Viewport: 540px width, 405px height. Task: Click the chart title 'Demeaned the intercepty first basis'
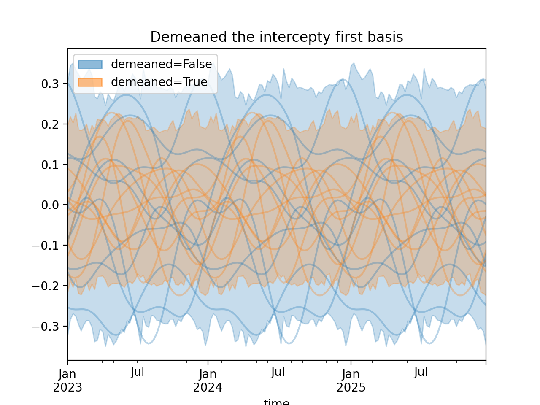[277, 37]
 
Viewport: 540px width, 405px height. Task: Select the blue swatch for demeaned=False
[90, 64]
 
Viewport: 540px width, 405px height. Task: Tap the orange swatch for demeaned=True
[90, 82]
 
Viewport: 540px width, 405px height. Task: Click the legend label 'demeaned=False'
[161, 64]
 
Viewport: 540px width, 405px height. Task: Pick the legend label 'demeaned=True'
[159, 82]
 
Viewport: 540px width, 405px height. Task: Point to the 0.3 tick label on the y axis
[50, 84]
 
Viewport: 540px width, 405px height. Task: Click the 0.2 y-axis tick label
[50, 124]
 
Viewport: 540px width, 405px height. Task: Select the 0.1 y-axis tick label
[50, 165]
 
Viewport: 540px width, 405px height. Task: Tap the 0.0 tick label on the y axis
[50, 205]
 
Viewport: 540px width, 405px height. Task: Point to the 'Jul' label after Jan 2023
[138, 373]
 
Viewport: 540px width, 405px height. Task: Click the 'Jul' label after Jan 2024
[278, 373]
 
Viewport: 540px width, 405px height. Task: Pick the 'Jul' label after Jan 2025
[421, 373]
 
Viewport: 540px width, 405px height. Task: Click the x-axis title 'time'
[276, 402]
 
